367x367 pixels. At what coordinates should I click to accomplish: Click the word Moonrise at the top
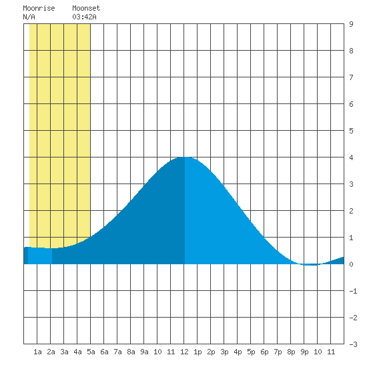pyautogui.click(x=39, y=8)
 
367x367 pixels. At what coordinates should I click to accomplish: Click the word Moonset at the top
pyautogui.click(x=86, y=8)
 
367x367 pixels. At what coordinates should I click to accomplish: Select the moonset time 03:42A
pyautogui.click(x=84, y=17)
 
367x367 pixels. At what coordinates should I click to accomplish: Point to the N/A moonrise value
pyautogui.click(x=29, y=17)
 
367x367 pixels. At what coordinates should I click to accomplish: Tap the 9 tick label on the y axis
pyautogui.click(x=351, y=24)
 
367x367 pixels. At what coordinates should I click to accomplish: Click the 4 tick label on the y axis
pyautogui.click(x=351, y=157)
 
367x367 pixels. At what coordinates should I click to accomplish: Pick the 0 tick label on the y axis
pyautogui.click(x=351, y=264)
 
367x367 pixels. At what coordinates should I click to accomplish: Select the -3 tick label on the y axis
pyautogui.click(x=354, y=344)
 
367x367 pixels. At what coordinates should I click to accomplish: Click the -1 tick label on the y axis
pyautogui.click(x=354, y=291)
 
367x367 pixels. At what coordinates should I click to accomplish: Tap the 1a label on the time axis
pyautogui.click(x=37, y=352)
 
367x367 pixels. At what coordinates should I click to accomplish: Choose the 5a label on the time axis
pyautogui.click(x=91, y=352)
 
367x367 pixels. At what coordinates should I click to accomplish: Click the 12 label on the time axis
pyautogui.click(x=184, y=352)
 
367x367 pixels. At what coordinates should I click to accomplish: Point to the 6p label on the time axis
pyautogui.click(x=264, y=352)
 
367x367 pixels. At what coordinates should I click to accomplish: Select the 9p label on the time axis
pyautogui.click(x=304, y=352)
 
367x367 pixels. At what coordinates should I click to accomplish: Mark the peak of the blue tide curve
pyautogui.click(x=184, y=157)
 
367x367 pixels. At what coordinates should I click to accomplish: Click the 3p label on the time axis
pyautogui.click(x=224, y=352)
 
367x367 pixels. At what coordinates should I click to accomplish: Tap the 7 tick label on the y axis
pyautogui.click(x=351, y=77)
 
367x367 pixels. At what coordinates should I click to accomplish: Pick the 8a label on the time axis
pyautogui.click(x=131, y=352)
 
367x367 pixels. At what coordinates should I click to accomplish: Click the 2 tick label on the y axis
pyautogui.click(x=351, y=211)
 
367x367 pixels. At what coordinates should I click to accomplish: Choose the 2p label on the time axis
pyautogui.click(x=211, y=352)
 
